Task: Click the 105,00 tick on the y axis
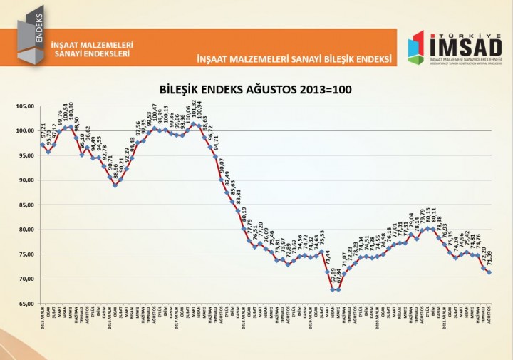[25, 106]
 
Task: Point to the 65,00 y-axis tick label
[25, 304]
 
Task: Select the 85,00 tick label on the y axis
[25, 205]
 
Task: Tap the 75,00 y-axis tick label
[25, 254]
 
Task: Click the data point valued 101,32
[194, 124]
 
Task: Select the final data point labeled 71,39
[489, 272]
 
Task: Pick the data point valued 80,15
[427, 229]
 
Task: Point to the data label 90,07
[222, 166]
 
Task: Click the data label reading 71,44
[327, 258]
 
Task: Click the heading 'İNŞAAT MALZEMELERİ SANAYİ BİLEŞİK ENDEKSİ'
[294, 57]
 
